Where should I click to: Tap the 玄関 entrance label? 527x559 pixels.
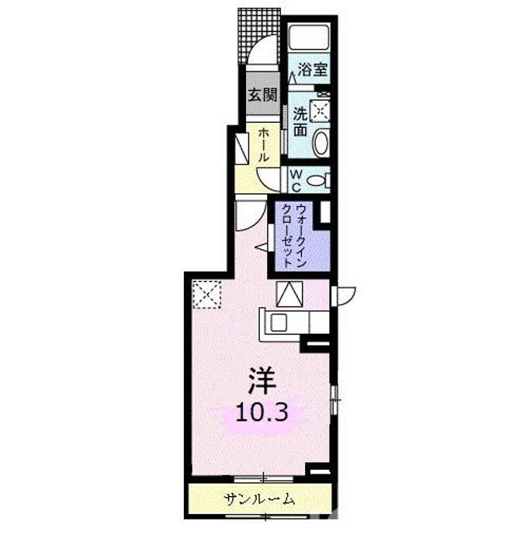pos(262,96)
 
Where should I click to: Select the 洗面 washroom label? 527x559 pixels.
pos(300,120)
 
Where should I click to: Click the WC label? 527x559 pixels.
pos(296,180)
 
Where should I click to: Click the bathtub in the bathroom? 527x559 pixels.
pos(310,39)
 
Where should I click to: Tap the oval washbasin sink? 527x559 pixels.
pos(322,142)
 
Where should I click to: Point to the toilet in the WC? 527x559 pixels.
pos(319,181)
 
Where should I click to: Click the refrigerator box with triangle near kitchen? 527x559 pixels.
pos(289,294)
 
